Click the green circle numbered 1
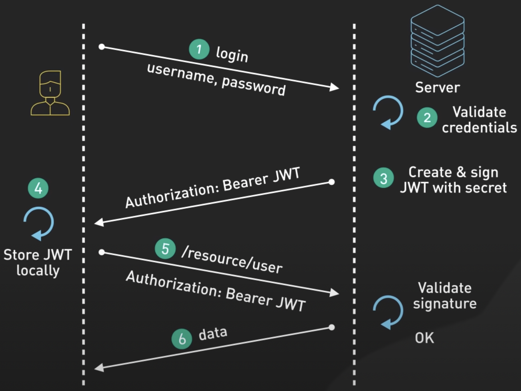click(x=199, y=49)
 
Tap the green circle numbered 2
click(x=427, y=117)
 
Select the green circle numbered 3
click(x=383, y=178)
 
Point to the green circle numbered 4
click(x=38, y=188)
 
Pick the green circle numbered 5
click(x=165, y=249)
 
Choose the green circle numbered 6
click(x=182, y=339)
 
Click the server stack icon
click(x=438, y=41)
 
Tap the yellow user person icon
click(x=50, y=93)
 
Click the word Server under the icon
click(x=438, y=87)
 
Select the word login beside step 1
click(x=232, y=54)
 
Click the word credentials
click(x=479, y=127)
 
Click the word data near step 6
click(x=213, y=333)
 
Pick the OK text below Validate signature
click(x=424, y=338)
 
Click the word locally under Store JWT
click(x=38, y=270)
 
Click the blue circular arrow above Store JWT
click(x=39, y=223)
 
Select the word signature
click(x=445, y=304)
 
